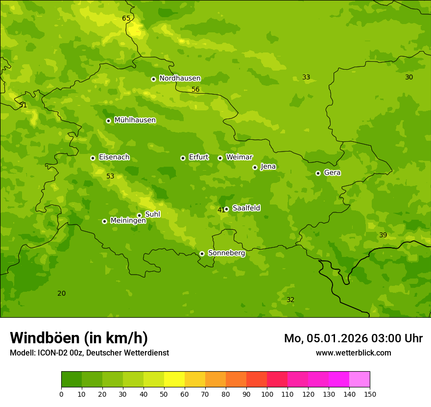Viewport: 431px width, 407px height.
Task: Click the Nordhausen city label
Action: point(180,78)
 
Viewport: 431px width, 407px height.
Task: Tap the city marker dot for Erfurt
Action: point(183,158)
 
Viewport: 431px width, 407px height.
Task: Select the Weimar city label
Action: point(239,157)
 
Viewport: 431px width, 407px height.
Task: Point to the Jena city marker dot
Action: point(255,167)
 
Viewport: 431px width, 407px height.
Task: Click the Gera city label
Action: point(332,173)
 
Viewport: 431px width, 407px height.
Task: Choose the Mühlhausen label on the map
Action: point(135,120)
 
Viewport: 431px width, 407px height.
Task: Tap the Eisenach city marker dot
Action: point(93,158)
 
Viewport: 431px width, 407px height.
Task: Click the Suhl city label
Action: point(153,214)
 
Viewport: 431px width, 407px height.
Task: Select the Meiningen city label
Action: point(128,221)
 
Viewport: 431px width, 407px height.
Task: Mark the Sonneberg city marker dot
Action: point(202,254)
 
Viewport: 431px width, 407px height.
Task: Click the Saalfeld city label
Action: point(246,208)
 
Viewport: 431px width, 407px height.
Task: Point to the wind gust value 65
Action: point(126,19)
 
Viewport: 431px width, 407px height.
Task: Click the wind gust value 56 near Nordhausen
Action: point(195,89)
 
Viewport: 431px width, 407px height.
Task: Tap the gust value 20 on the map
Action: point(61,293)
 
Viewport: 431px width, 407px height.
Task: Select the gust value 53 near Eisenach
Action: point(110,176)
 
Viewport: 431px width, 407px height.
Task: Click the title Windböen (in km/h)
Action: point(79,338)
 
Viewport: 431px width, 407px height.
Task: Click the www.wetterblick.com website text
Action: point(353,353)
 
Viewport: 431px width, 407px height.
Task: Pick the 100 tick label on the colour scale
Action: point(267,394)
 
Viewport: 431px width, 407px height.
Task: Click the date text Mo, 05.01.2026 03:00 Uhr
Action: point(353,338)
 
